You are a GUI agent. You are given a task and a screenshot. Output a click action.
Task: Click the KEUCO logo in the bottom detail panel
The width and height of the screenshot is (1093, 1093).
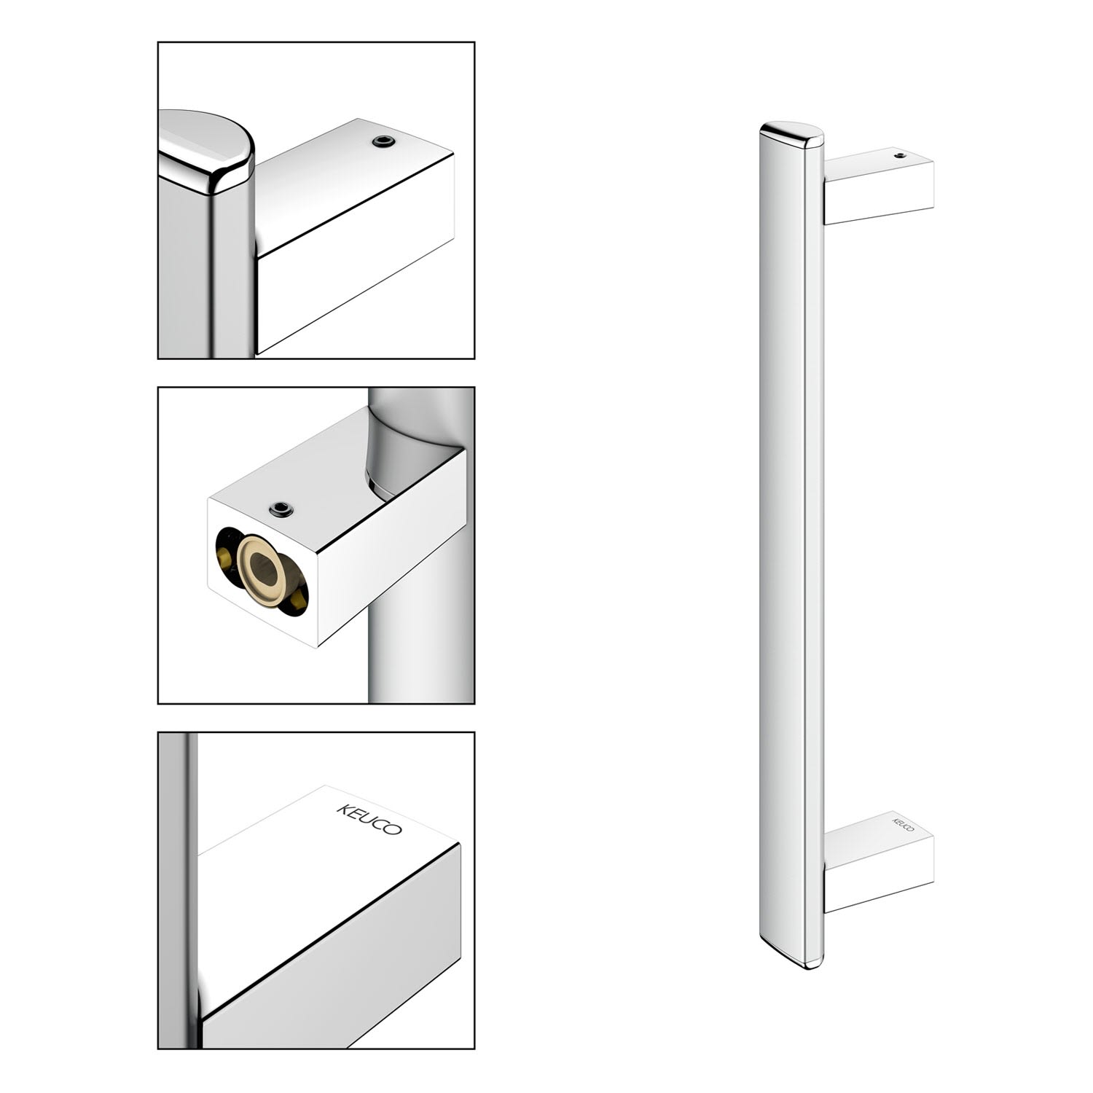pyautogui.click(x=369, y=820)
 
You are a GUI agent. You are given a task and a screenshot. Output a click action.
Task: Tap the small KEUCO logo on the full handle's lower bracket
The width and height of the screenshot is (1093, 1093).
pyautogui.click(x=903, y=822)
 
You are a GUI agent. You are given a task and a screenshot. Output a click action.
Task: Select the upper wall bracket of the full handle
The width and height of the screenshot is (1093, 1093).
pyautogui.click(x=879, y=186)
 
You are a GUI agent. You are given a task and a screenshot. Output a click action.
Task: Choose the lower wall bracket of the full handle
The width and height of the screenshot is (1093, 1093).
pyautogui.click(x=879, y=862)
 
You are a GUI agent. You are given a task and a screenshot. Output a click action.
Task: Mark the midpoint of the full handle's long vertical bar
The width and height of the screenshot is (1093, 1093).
pyautogui.click(x=792, y=545)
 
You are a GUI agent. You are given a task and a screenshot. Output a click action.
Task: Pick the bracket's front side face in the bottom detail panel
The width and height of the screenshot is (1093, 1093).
pyautogui.click(x=332, y=947)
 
